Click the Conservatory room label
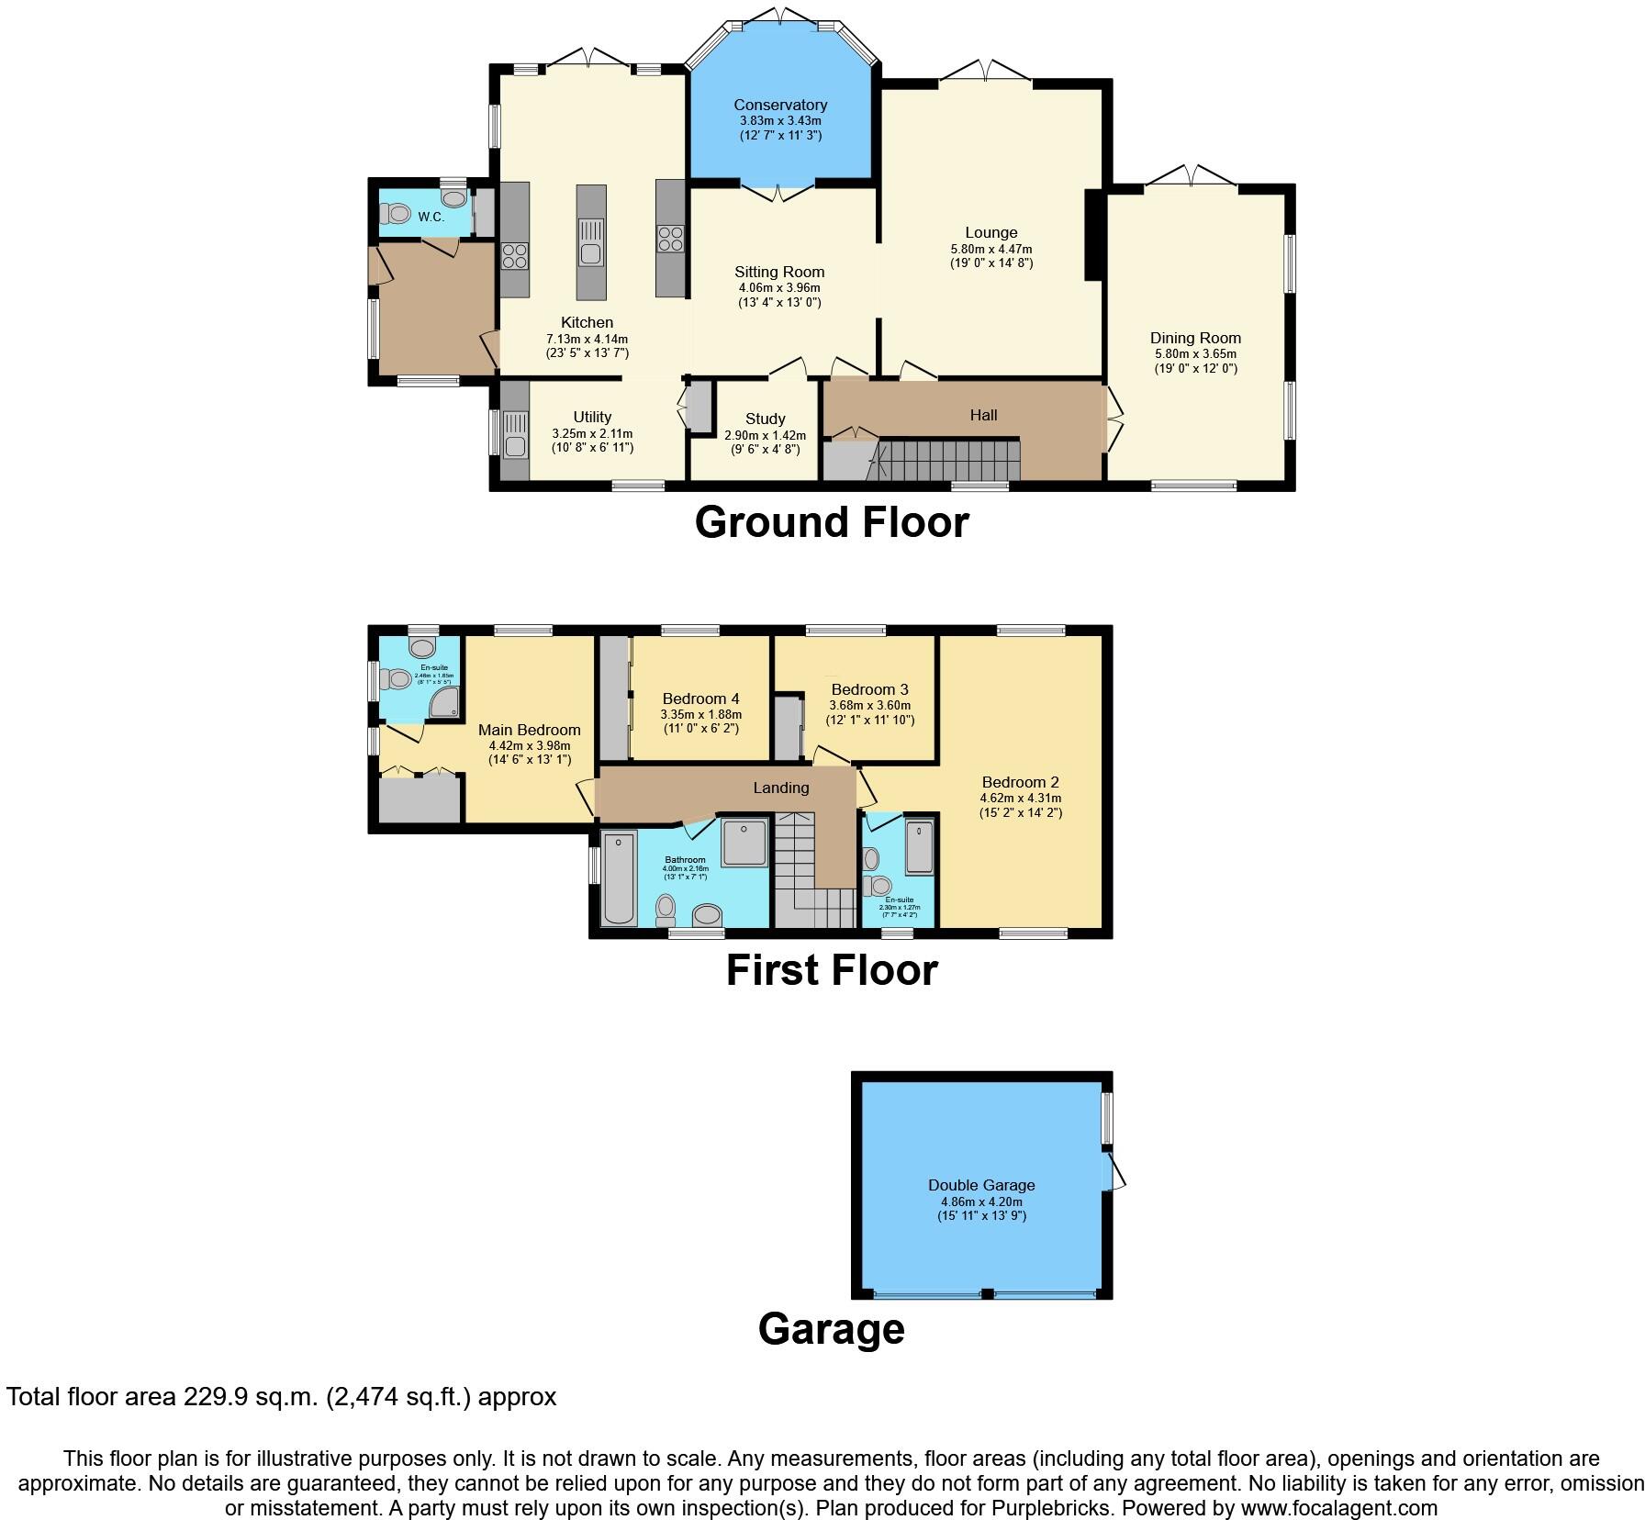click(x=780, y=105)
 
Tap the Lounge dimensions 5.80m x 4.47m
click(x=990, y=249)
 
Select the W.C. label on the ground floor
click(x=431, y=217)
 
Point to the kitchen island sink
click(x=590, y=252)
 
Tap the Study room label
click(x=765, y=419)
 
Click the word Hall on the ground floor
click(x=983, y=415)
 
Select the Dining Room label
click(x=1195, y=338)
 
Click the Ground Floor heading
click(x=831, y=522)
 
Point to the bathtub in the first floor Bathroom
click(x=620, y=877)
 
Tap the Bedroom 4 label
click(x=700, y=698)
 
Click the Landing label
click(x=781, y=788)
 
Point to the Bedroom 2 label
click(x=1020, y=782)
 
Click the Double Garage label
click(x=981, y=1185)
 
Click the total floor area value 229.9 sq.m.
click(x=241, y=1397)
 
